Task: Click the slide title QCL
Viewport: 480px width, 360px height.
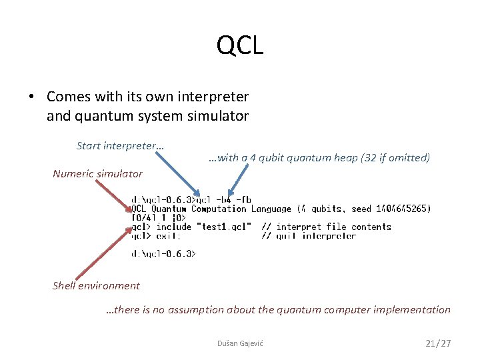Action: point(240,45)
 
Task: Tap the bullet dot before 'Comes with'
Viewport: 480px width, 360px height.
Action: point(31,97)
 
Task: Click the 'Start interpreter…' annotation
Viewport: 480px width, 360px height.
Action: point(121,145)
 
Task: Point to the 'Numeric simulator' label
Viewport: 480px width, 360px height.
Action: point(97,174)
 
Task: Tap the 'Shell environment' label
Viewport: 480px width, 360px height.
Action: point(96,286)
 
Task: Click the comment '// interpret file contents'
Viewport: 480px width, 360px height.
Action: point(326,227)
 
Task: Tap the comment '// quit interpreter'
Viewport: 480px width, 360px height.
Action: point(309,235)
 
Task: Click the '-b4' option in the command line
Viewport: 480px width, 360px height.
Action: point(226,199)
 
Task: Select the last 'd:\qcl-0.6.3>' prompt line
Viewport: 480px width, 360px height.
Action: point(163,253)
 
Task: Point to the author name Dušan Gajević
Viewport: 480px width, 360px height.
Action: point(240,343)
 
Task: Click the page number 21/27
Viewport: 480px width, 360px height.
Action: point(438,343)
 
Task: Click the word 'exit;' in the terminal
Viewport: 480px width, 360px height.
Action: point(168,235)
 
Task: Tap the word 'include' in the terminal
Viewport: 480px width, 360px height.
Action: point(173,227)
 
